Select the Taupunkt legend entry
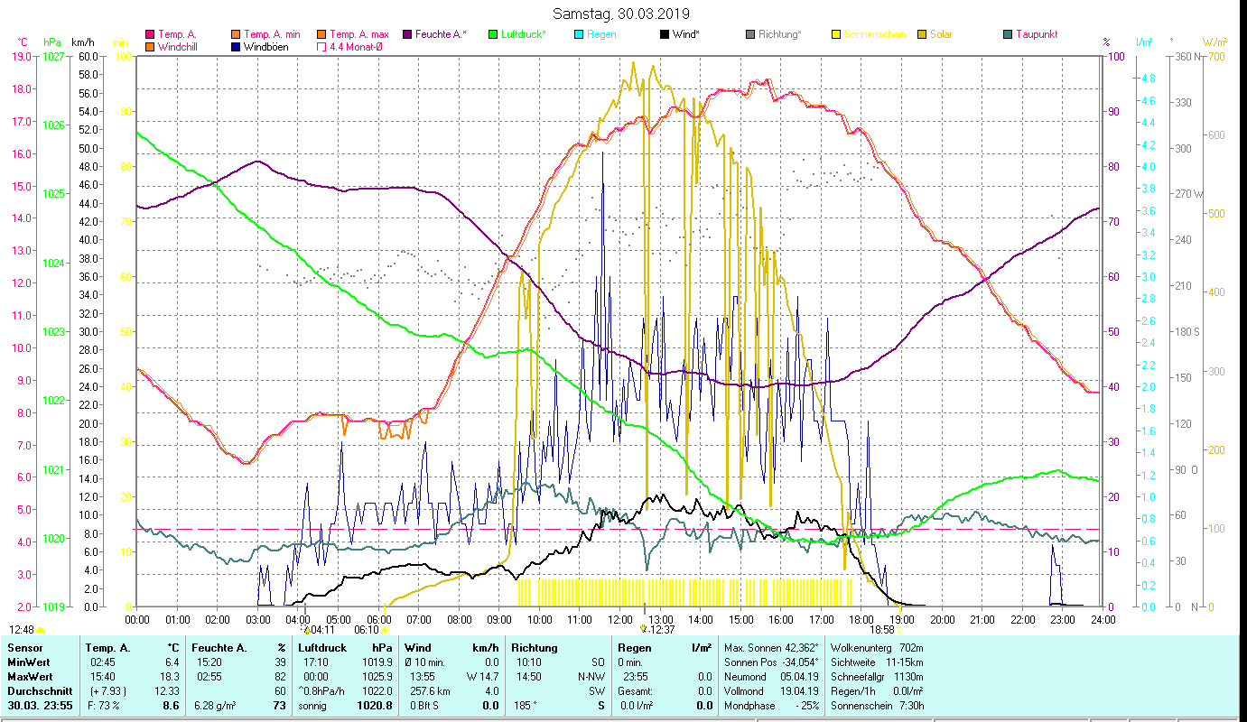click(x=1036, y=34)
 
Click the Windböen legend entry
click(x=266, y=47)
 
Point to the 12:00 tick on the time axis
click(x=620, y=620)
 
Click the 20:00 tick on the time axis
click(x=943, y=620)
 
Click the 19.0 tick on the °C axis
click(x=21, y=56)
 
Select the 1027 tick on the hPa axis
click(x=53, y=56)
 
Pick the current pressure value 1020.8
click(x=375, y=705)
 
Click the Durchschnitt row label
click(x=39, y=690)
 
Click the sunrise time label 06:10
click(x=367, y=630)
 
